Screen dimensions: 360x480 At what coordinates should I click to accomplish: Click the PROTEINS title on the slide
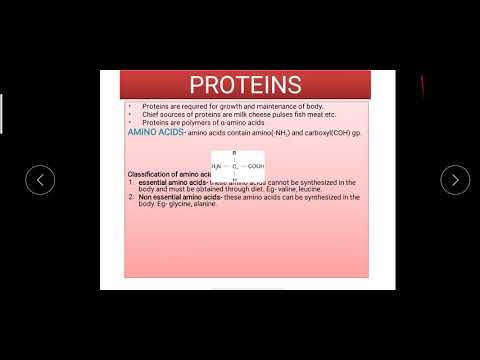point(245,84)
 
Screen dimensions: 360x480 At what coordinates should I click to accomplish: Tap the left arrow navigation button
point(39,180)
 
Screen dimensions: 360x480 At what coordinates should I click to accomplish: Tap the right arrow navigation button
point(455,180)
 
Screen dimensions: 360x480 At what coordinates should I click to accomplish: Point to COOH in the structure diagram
point(255,166)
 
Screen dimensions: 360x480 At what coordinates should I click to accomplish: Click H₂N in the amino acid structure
point(217,166)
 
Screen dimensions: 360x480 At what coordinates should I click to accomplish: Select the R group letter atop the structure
point(234,153)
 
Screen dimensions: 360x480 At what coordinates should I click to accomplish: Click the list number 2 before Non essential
point(131,197)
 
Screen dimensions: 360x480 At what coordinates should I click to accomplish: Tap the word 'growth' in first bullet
point(214,105)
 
